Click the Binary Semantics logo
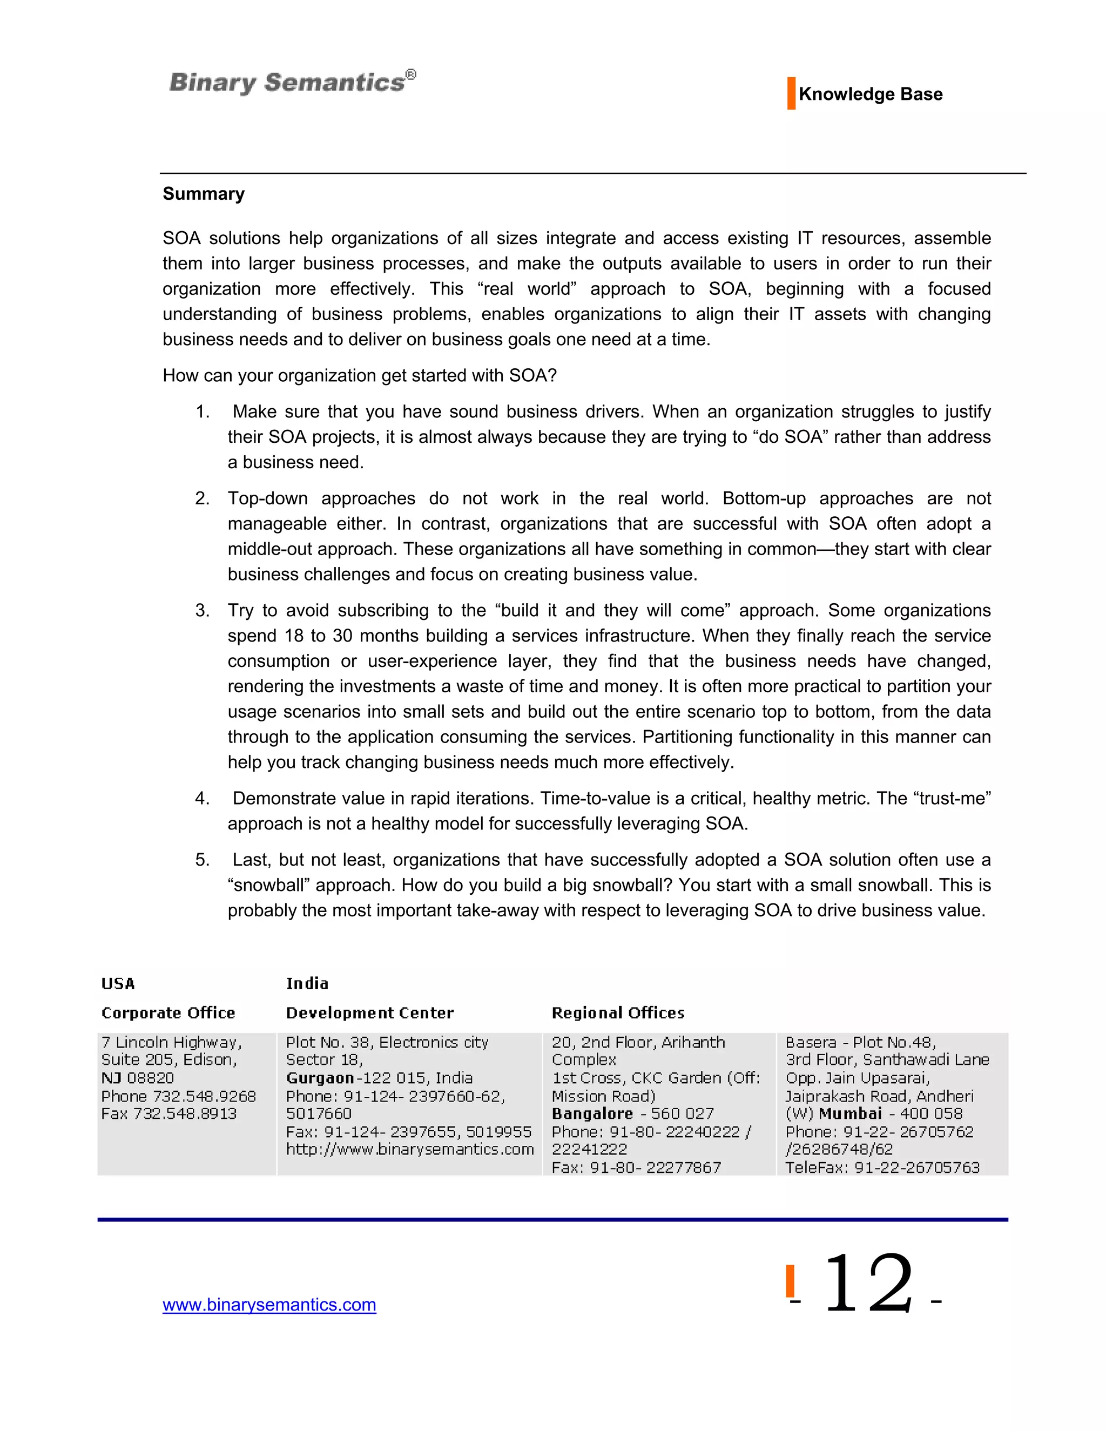(292, 83)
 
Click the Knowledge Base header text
(870, 94)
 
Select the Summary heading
(203, 194)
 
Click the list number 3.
(202, 611)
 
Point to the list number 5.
(202, 860)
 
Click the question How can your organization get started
(359, 375)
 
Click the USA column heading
(118, 983)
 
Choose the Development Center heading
(369, 1013)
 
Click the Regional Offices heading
(617, 1013)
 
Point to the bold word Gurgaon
(320, 1078)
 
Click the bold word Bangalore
(592, 1114)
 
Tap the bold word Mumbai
(850, 1114)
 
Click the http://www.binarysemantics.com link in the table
(409, 1149)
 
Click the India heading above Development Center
(307, 983)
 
